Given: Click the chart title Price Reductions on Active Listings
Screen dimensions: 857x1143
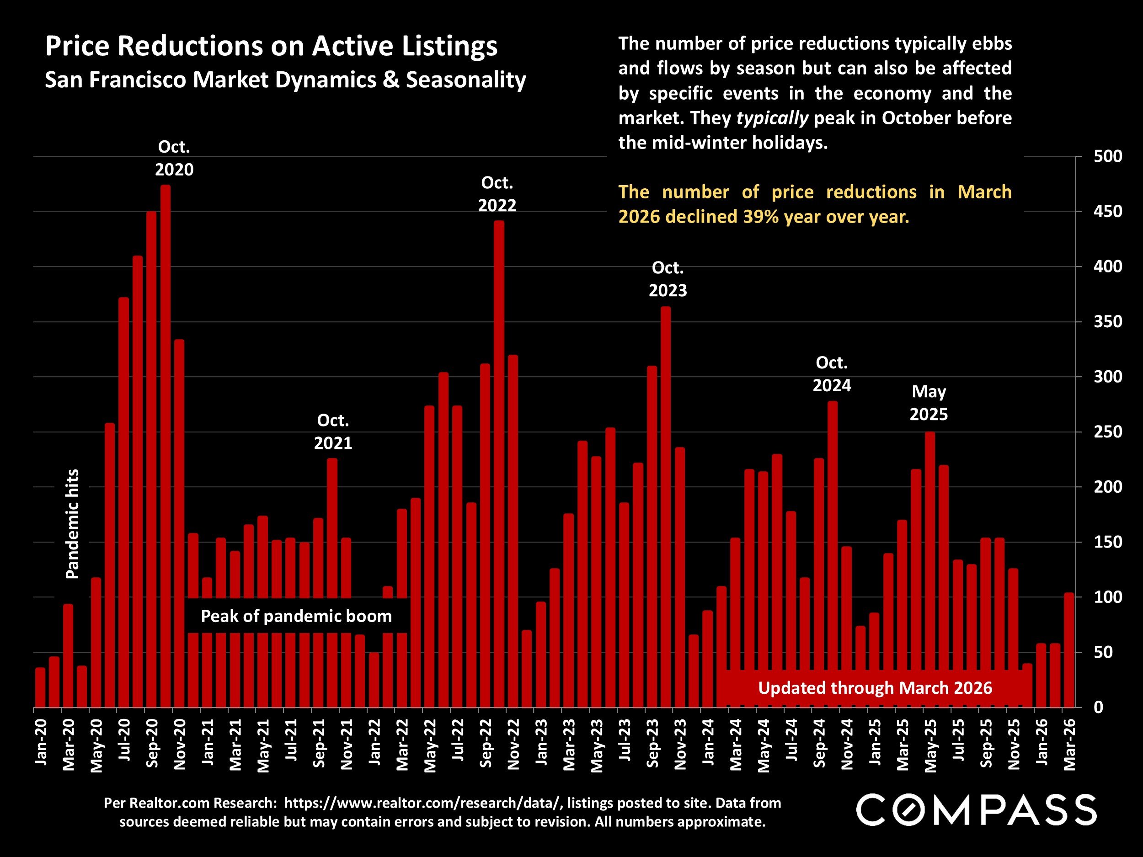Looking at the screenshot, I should (x=271, y=47).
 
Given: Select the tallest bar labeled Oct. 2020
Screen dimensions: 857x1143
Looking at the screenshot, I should (x=166, y=444).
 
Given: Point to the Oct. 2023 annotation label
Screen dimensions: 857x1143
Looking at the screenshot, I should (x=668, y=279).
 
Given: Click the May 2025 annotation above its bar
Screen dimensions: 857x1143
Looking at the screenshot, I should (x=929, y=403).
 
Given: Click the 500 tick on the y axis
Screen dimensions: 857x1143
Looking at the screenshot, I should (x=1107, y=156).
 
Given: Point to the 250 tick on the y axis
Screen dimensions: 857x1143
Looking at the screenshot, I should (x=1107, y=432).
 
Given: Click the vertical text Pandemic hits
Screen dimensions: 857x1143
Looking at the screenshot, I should (x=73, y=524).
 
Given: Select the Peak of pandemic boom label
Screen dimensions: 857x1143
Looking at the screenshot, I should (x=296, y=616).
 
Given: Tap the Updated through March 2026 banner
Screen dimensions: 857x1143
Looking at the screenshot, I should (x=875, y=688).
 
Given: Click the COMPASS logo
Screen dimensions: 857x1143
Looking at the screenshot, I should (x=976, y=810).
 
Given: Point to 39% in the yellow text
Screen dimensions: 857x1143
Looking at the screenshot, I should (x=759, y=217).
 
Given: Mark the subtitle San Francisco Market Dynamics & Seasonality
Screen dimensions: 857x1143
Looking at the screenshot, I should (x=285, y=80).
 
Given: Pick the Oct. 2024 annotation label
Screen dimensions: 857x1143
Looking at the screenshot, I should (x=831, y=374).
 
